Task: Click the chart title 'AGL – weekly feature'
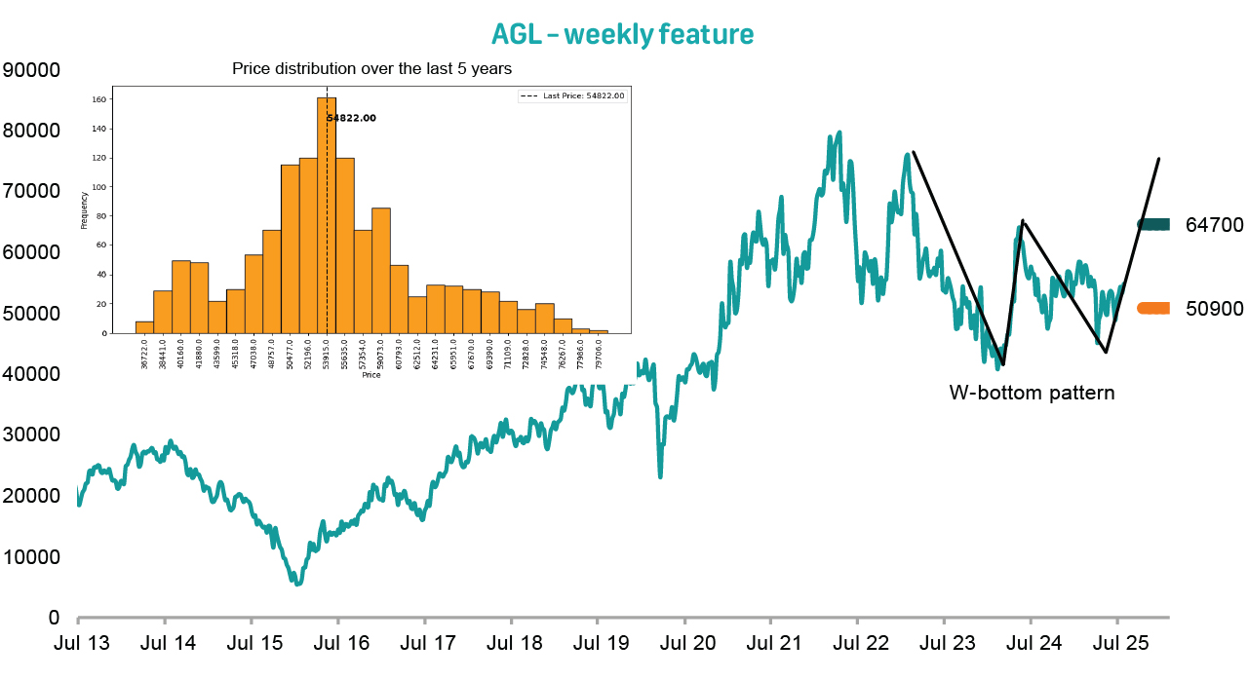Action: pos(622,34)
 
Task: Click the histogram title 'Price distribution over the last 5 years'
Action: pos(371,69)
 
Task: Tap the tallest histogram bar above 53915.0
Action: pos(327,214)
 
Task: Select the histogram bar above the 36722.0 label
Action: pos(144,327)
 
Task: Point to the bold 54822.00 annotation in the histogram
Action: pos(351,118)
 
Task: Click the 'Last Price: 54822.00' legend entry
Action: pos(572,95)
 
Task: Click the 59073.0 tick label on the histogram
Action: pos(381,353)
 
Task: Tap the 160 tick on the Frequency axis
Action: pos(99,99)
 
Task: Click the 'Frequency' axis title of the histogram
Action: pos(85,209)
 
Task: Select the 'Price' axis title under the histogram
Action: pos(371,375)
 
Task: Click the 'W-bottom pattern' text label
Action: pos(1032,394)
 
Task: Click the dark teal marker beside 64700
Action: pos(1153,225)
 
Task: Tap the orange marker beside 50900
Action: pos(1153,308)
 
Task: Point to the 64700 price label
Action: pos(1214,225)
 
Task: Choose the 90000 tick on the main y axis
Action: pos(32,70)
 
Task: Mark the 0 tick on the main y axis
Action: pos(55,618)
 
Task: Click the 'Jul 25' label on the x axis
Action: pos(1117,644)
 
